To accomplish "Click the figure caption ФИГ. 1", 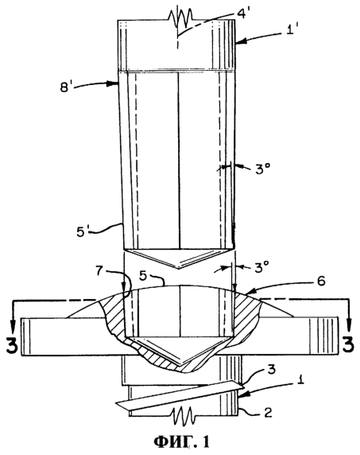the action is tap(181, 442).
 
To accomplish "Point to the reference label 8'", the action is tap(66, 87).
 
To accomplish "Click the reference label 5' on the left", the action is tap(83, 231).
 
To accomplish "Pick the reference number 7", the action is tap(99, 272).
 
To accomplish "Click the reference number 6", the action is tap(321, 281).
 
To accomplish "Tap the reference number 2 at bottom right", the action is tap(268, 412).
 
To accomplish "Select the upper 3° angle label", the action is tap(263, 169).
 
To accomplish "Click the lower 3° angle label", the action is tap(262, 268).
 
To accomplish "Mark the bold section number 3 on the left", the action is tap(12, 344).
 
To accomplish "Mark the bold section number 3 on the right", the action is tap(348, 344).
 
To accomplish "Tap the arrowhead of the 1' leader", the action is tap(240, 42).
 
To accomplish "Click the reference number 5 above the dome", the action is tap(142, 277).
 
